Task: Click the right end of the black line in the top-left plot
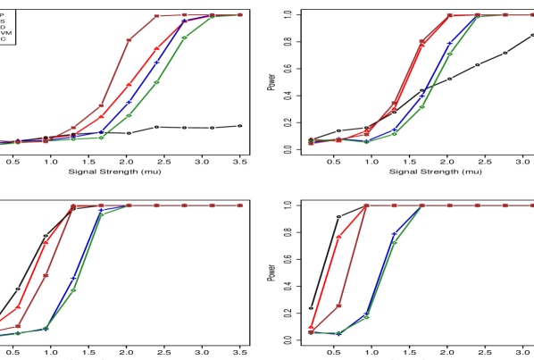tap(240, 126)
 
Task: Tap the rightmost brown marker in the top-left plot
tap(240, 15)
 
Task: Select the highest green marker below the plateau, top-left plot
tap(184, 38)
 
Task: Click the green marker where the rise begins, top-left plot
tap(101, 137)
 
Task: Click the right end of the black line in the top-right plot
tap(533, 36)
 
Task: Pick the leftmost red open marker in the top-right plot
tap(310, 140)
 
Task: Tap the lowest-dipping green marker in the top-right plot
tap(366, 142)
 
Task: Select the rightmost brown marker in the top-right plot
tap(533, 15)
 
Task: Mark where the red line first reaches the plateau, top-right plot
tap(449, 15)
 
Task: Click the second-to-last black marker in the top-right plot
tap(505, 53)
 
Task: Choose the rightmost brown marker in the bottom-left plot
tap(240, 205)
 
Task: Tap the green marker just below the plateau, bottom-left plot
tap(101, 214)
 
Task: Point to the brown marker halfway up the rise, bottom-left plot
tap(46, 275)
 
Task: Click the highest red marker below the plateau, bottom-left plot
tap(46, 242)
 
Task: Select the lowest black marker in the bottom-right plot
tap(310, 308)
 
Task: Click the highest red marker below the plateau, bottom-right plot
tap(338, 237)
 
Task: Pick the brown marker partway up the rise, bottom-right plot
tap(338, 306)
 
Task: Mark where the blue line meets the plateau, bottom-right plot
tap(421, 205)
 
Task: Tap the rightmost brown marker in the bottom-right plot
tap(533, 205)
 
